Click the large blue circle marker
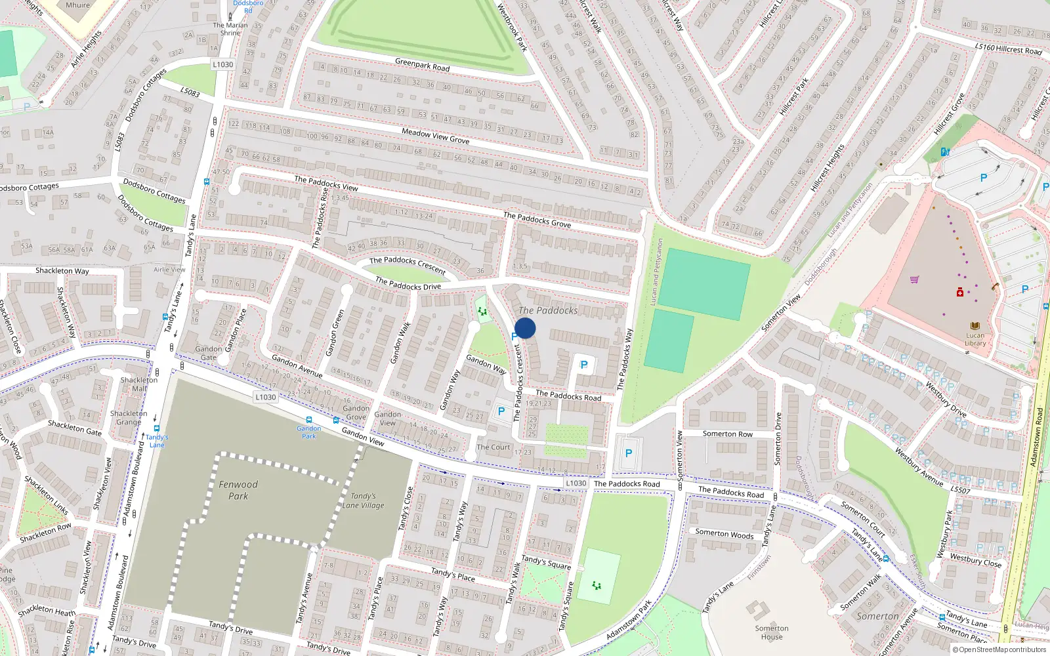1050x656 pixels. (525, 328)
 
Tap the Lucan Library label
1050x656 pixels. (975, 339)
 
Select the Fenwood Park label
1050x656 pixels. (238, 490)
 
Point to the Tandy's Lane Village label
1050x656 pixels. (363, 501)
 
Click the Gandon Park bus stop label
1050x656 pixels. (308, 432)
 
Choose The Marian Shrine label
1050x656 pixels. (230, 29)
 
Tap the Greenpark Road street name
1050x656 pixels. (422, 65)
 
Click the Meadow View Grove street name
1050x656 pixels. (435, 136)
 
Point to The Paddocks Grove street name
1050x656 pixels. (537, 219)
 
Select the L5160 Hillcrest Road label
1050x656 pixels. (1008, 49)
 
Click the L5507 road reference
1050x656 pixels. (960, 490)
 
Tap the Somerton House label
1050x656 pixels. (772, 632)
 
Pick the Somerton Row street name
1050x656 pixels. (728, 434)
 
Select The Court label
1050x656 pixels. (493, 447)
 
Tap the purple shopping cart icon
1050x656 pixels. (915, 279)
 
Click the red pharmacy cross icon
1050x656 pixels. (960, 292)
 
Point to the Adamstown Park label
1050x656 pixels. (629, 620)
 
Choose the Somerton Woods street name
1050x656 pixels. (724, 534)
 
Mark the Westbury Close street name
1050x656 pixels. (976, 560)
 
